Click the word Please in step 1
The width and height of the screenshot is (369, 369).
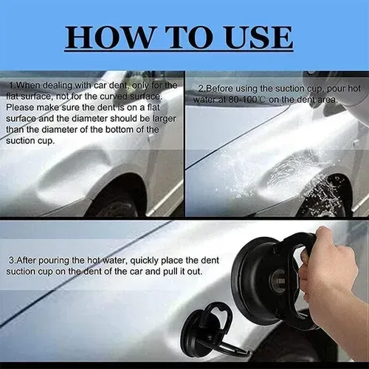24,107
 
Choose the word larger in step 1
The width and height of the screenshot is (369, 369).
156,118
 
